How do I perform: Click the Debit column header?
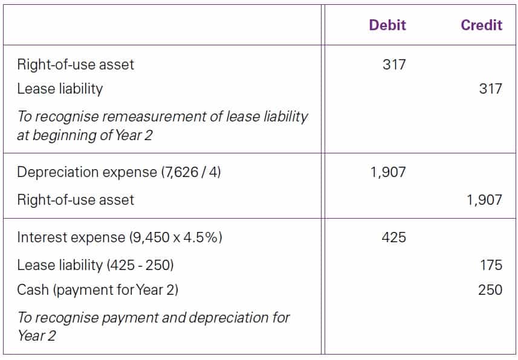(387, 25)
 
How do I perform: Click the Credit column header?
(481, 25)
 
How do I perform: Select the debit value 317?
(394, 64)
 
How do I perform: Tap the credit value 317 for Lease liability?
(490, 89)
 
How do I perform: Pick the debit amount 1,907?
(388, 172)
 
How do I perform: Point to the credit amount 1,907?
(484, 199)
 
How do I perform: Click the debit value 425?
(394, 237)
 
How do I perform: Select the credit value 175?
(490, 265)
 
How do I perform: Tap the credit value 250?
(490, 289)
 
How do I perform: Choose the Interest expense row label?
(71, 237)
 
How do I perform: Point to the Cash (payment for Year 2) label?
(97, 289)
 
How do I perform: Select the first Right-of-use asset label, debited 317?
(76, 64)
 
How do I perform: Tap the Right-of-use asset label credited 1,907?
(76, 199)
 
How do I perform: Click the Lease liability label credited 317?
(60, 89)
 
